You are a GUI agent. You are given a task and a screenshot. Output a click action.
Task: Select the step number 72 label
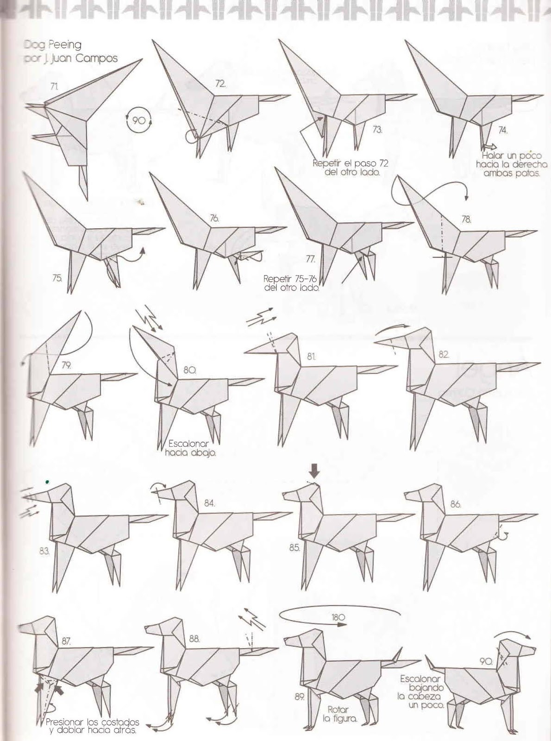tap(220, 84)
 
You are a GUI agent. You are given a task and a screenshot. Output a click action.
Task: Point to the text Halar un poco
tap(512, 156)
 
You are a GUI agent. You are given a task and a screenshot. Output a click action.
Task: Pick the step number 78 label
tap(466, 220)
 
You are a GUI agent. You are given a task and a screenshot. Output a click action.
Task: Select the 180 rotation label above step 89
tap(338, 617)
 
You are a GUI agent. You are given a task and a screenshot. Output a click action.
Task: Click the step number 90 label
tap(486, 661)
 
